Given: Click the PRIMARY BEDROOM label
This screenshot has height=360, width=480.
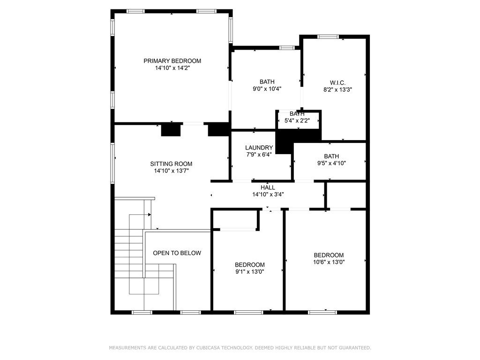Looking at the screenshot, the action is pos(172,61).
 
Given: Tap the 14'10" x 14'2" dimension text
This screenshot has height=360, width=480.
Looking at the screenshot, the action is pos(172,68).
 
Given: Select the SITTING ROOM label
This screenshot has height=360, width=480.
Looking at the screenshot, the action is pos(171,164).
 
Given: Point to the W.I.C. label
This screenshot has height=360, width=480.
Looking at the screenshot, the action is pos(337,82).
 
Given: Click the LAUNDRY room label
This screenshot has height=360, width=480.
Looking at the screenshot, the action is pos(259,148).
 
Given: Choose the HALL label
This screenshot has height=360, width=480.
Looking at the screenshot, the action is pos(268,187).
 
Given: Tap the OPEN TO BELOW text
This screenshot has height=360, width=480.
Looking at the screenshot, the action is pos(177,253).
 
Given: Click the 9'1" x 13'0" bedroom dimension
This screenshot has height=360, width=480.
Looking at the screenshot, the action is pos(250,271).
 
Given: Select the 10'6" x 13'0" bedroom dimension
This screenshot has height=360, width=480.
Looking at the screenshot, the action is pos(329,262).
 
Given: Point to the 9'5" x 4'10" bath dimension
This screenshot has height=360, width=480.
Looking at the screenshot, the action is pos(331,163).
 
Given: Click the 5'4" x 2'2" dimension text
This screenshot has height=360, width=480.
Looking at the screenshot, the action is pos(297,120).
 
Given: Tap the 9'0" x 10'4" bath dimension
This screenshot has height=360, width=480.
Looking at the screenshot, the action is pos(267,89).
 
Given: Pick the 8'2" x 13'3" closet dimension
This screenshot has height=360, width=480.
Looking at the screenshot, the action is pos(337,90).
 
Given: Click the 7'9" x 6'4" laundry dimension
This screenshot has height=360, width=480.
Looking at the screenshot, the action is pos(259,155).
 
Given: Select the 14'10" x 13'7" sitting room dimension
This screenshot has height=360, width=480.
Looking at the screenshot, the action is pos(171,171).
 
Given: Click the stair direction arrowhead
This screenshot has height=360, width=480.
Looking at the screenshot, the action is pos(150,215).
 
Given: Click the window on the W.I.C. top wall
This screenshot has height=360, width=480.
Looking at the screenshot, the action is pos(328,37).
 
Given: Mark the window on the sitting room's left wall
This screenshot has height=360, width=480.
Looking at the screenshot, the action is pos(112,163).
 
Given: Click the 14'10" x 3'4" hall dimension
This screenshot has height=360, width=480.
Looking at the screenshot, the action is pos(268,195).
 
